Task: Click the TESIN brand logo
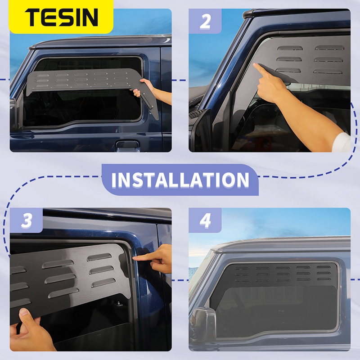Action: [x=61, y=17]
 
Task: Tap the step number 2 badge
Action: [x=205, y=21]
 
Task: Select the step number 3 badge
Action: [x=26, y=220]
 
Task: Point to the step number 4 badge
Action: [x=205, y=220]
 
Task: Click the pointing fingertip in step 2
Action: [x=255, y=65]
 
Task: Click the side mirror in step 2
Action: [x=201, y=130]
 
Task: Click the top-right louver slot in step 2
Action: [x=329, y=48]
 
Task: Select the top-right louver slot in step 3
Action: [x=99, y=257]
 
